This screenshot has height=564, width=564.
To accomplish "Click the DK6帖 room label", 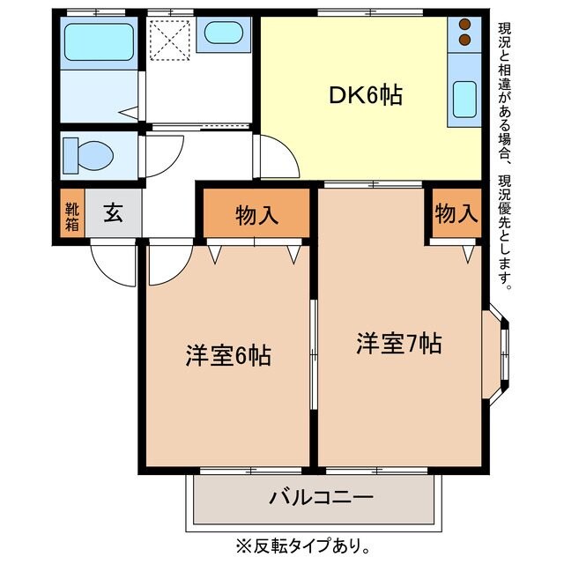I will click(x=367, y=95).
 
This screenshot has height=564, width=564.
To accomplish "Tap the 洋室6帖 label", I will click(x=227, y=356).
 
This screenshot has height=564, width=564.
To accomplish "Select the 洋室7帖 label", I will click(x=398, y=343).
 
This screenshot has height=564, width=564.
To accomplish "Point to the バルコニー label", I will click(x=321, y=498).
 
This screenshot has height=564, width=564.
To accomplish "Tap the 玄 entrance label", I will click(x=112, y=213).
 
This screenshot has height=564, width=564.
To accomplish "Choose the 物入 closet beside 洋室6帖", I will click(x=256, y=214).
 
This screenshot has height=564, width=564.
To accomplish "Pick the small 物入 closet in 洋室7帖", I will click(x=456, y=213).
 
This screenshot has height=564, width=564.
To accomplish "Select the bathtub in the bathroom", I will click(x=100, y=41).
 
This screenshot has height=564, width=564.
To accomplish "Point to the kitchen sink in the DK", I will click(x=464, y=99).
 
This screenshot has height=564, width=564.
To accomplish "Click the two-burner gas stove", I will click(x=464, y=33).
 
